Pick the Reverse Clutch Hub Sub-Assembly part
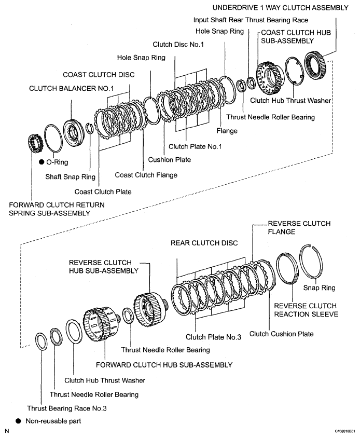pos(149,309)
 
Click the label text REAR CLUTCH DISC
pos(204,243)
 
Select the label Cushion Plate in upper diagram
pos(169,160)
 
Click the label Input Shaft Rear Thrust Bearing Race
pos(251,20)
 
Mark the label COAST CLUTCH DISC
pos(99,75)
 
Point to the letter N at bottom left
pos(7,431)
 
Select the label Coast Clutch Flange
pos(146,175)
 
